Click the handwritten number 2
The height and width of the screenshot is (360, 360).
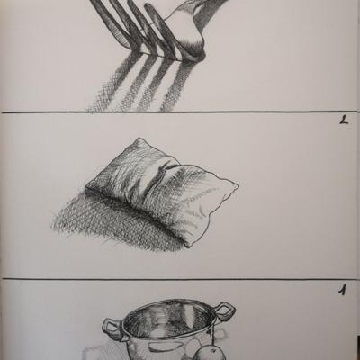tap(344, 120)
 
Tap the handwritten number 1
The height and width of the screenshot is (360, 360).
tap(343, 290)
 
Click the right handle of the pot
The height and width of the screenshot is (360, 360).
tap(225, 311)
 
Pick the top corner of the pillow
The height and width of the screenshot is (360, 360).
tap(139, 139)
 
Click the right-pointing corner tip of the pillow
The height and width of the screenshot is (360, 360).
tap(238, 186)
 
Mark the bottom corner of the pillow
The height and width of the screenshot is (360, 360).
tap(188, 247)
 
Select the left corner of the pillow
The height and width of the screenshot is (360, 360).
tap(85, 187)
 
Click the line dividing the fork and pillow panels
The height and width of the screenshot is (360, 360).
tap(180, 112)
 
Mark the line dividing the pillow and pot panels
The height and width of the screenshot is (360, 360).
tap(180, 279)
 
